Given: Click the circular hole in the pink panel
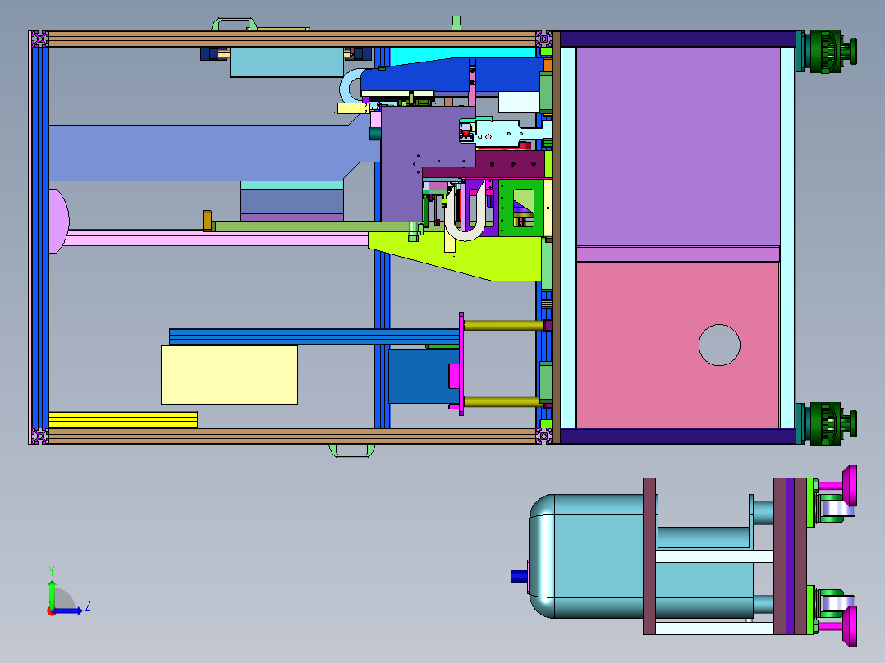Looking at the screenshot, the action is [x=719, y=345].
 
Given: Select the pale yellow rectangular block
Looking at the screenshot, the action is [x=229, y=375].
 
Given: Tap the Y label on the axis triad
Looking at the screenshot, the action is [x=52, y=570].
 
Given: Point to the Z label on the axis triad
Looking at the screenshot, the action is [x=88, y=606].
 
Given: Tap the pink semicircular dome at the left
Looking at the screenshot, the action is [x=59, y=222].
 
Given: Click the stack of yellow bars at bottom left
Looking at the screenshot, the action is [x=123, y=419].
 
